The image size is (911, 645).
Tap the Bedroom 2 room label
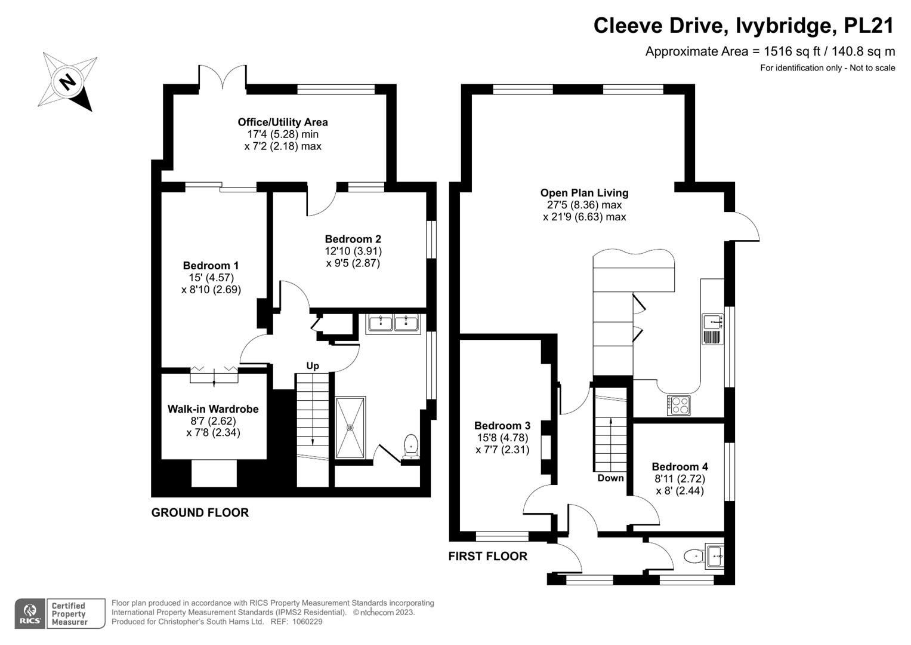353,239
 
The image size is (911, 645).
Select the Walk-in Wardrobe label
213,409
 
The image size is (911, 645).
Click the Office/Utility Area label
283,122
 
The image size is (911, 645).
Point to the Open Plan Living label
584,193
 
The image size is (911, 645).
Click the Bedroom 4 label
680,467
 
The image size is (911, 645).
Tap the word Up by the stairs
313,365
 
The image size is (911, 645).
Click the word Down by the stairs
610,478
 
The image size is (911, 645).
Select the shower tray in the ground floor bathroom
351,428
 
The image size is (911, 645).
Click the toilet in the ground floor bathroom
410,446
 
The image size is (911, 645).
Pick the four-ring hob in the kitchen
678,406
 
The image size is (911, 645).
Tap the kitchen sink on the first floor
712,322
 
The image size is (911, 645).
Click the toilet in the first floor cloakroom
693,556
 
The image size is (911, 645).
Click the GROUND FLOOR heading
200,512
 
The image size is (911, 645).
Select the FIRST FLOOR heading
487,557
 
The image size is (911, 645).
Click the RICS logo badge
29,613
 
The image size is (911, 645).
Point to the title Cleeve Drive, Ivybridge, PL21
743,26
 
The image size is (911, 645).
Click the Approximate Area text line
770,51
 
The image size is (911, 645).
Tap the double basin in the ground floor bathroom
393,323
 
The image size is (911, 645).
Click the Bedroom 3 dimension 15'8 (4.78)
502,437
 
